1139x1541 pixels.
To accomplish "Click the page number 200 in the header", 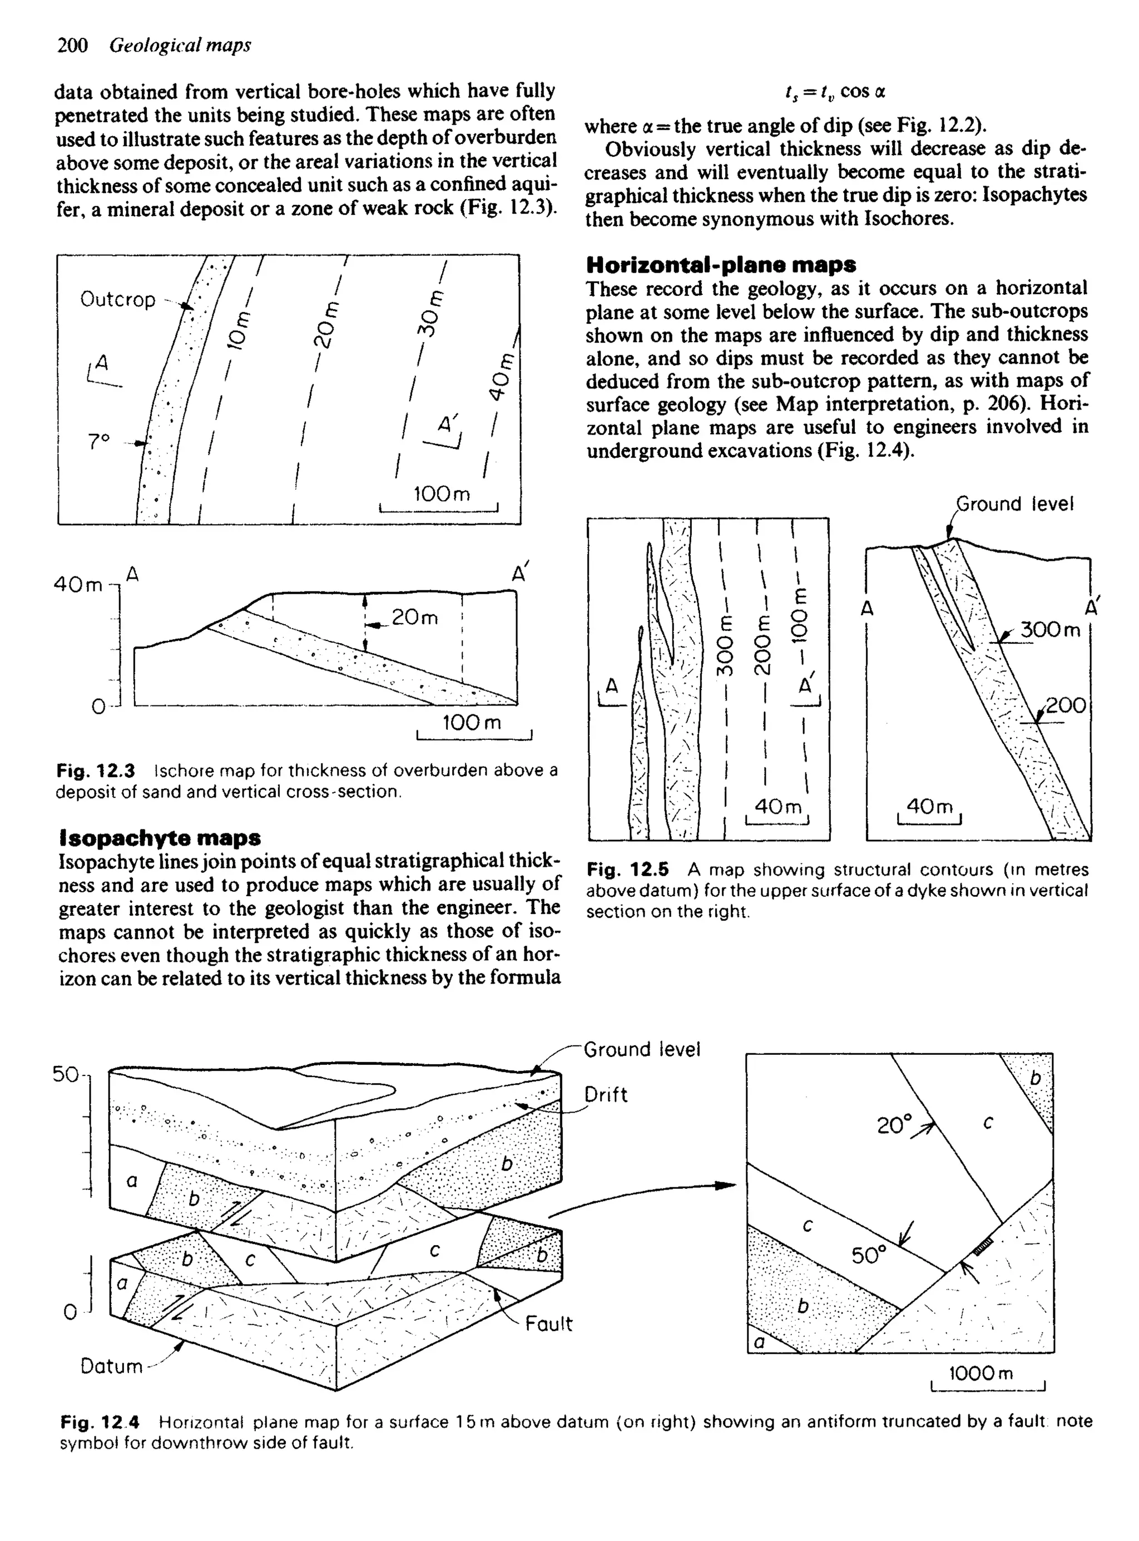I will (x=72, y=45).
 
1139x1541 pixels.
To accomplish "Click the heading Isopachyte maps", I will (x=160, y=838).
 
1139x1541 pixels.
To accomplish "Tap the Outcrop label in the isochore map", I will (x=118, y=300).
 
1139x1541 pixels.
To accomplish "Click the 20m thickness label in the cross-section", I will (x=414, y=617).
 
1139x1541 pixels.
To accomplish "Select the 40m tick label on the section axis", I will (x=78, y=585).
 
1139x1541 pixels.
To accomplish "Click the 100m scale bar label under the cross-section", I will (x=471, y=723).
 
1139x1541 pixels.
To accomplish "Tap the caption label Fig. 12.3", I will (x=96, y=770).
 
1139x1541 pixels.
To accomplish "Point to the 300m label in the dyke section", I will (x=1050, y=630).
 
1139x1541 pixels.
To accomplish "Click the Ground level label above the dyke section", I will (x=1015, y=504).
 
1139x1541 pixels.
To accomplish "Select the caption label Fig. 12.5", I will (x=627, y=870).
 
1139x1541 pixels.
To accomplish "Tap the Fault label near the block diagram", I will (x=549, y=1324).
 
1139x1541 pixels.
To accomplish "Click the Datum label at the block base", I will (x=111, y=1366).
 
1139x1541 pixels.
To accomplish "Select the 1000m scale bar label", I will (x=981, y=1373).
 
